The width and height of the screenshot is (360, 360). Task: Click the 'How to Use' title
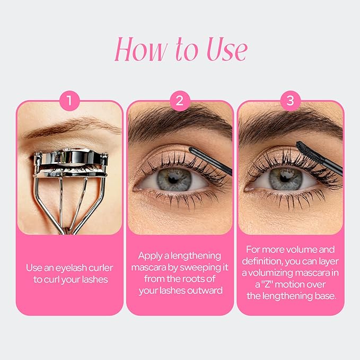click(x=180, y=50)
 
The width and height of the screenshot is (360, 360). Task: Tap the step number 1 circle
click(x=70, y=100)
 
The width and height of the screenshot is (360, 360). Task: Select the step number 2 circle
click(x=180, y=100)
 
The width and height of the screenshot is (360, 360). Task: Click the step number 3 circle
click(x=290, y=100)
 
